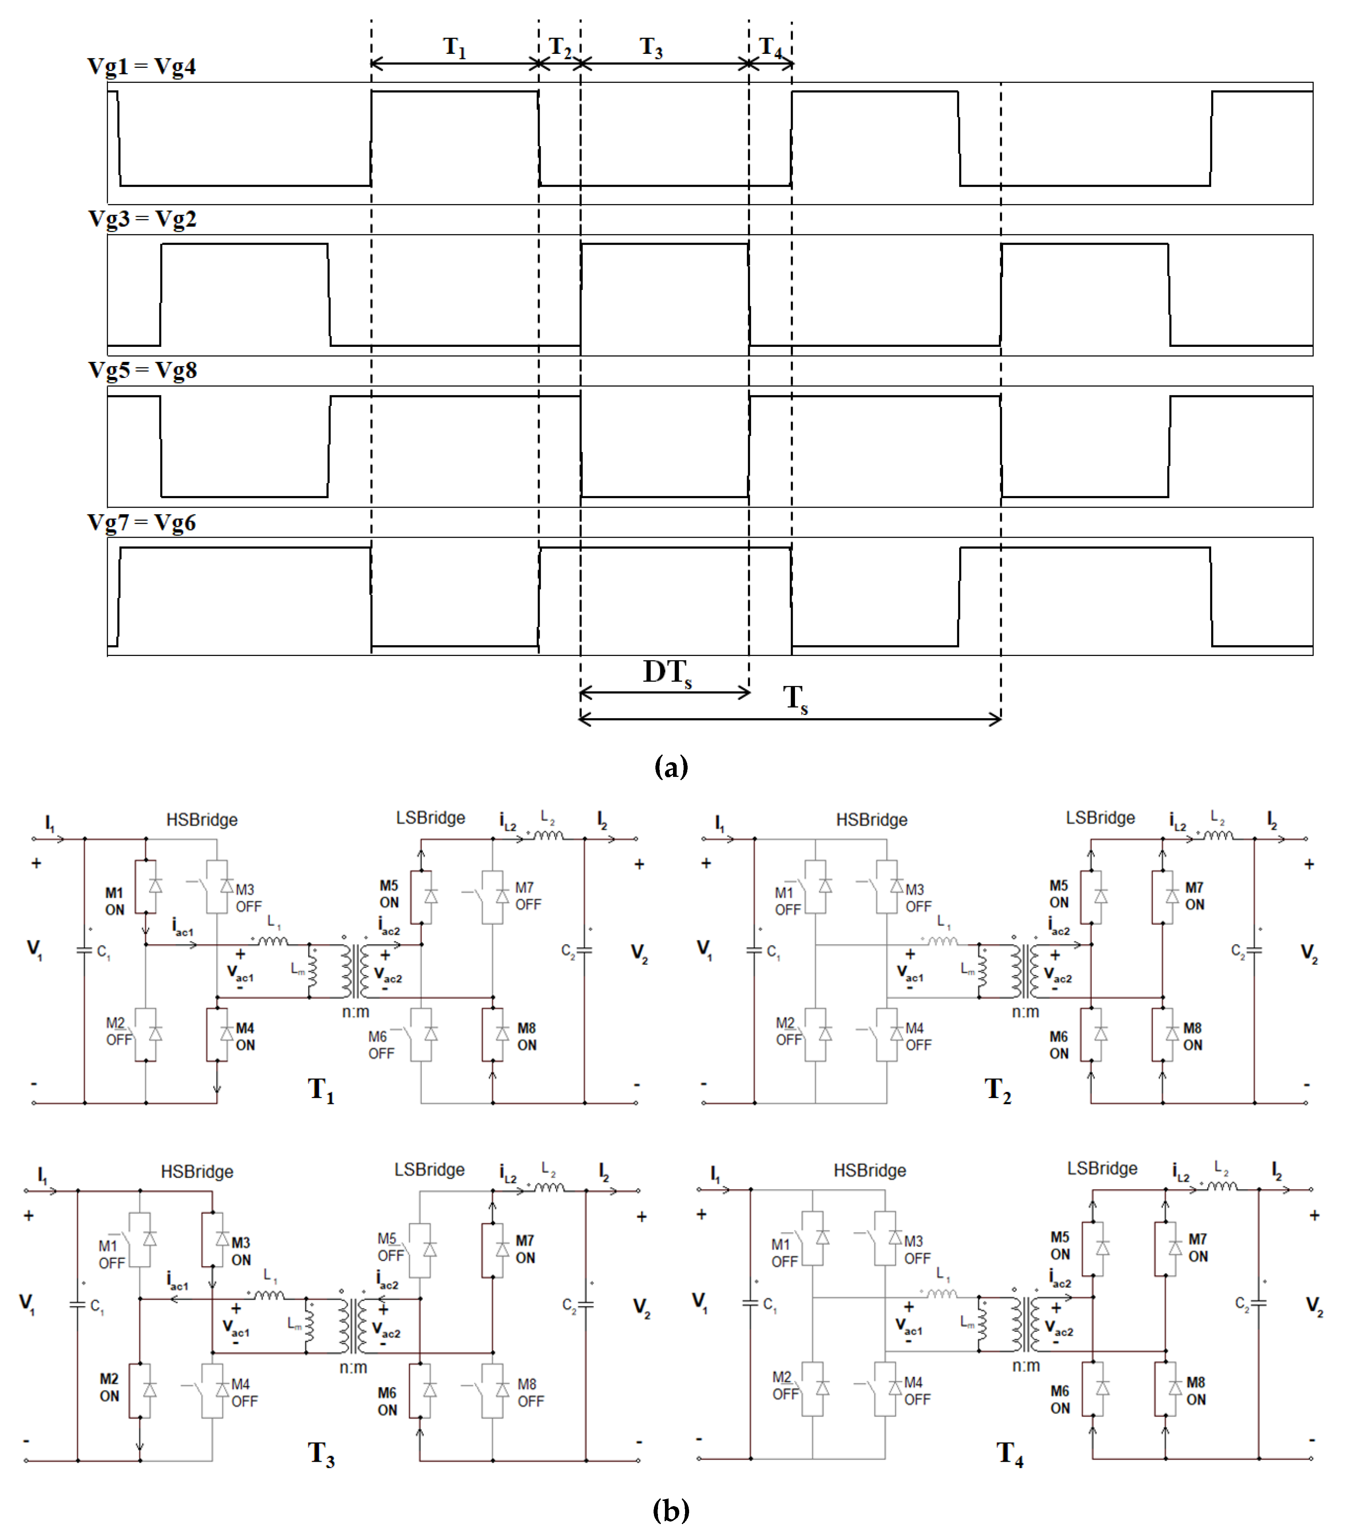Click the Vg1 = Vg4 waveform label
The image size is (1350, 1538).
point(141,66)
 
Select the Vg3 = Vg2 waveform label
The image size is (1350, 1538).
point(142,219)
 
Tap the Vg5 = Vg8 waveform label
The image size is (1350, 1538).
point(142,370)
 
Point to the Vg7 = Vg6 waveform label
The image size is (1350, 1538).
point(141,522)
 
